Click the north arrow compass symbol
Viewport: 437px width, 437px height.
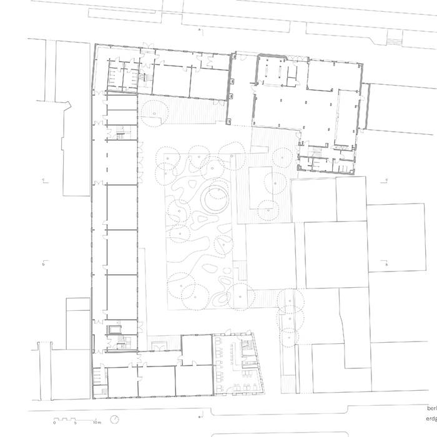tap(115, 419)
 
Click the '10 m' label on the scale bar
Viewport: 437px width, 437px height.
tap(97, 423)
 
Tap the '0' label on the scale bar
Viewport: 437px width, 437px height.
tap(55, 423)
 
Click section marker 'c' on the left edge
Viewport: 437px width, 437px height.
tap(44, 181)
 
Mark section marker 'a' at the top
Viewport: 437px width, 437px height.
tap(199, 29)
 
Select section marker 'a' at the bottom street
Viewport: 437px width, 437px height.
tap(199, 416)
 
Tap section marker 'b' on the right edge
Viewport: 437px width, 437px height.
tap(387, 265)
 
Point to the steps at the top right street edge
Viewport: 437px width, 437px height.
tap(394, 41)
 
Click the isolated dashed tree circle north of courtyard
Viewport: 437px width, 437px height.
tap(155, 111)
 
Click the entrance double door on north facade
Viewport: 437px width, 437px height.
tap(147, 46)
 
